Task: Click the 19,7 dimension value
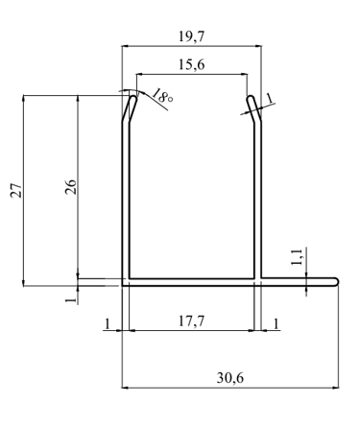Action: click(191, 36)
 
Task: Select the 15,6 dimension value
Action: click(191, 65)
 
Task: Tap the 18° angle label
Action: click(162, 96)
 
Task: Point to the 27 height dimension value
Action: click(16, 190)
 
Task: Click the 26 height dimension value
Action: click(71, 187)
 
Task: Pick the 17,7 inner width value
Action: click(191, 320)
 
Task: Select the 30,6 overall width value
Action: click(230, 378)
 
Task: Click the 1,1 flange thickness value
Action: click(297, 257)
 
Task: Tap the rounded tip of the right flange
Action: click(336, 282)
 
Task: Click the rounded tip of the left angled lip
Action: click(133, 97)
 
